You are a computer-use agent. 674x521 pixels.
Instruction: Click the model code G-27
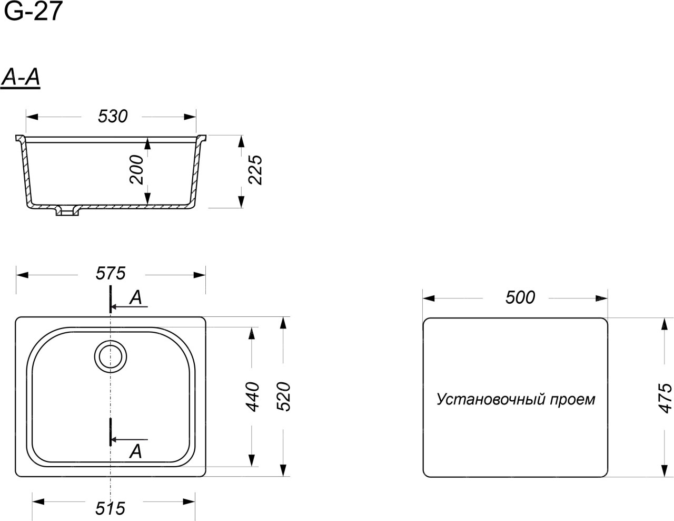[33, 11]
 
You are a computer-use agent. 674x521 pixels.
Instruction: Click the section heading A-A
[21, 78]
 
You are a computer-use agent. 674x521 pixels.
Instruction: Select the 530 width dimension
[113, 117]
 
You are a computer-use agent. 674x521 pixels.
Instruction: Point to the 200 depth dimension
[136, 169]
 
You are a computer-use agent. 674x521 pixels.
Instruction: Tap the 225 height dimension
[255, 170]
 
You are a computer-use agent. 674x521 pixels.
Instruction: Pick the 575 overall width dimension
[111, 274]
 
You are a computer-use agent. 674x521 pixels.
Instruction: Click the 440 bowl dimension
[252, 397]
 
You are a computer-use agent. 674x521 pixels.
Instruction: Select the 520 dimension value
[283, 397]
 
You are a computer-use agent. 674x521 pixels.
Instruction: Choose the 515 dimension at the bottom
[110, 508]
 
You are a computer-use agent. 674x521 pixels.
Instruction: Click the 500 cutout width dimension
[520, 297]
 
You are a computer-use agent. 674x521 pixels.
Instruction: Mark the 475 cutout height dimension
[665, 399]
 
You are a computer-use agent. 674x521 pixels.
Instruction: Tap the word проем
[572, 400]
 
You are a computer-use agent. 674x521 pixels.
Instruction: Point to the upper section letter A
[135, 297]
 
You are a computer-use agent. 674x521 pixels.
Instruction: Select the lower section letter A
[135, 451]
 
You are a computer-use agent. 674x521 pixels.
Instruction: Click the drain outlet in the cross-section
[67, 211]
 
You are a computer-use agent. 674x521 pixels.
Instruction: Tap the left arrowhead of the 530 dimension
[32, 117]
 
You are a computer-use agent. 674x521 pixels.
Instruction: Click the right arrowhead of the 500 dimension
[601, 298]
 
